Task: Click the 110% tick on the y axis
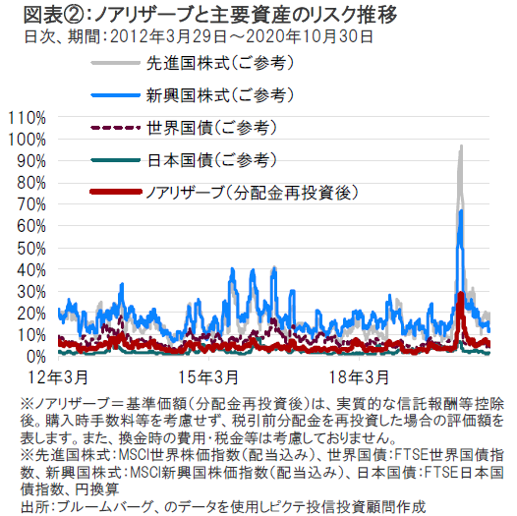click(x=28, y=118)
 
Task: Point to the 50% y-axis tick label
click(x=31, y=249)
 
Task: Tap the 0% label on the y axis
click(x=36, y=357)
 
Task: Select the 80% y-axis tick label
click(x=31, y=184)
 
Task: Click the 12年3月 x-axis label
click(x=58, y=377)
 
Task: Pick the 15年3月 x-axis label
click(x=208, y=377)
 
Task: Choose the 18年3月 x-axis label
click(x=360, y=377)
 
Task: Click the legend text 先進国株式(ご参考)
click(x=220, y=63)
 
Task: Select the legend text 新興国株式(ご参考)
click(x=220, y=95)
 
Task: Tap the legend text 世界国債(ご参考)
click(x=211, y=128)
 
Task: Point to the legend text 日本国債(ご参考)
click(x=211, y=160)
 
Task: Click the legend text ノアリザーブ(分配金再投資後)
click(x=252, y=193)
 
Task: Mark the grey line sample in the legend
click(x=116, y=63)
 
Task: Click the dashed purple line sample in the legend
click(x=116, y=127)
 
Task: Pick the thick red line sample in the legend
click(x=116, y=192)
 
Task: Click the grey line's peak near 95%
click(x=461, y=145)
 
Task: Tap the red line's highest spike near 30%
click(x=461, y=293)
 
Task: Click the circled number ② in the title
click(x=73, y=15)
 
